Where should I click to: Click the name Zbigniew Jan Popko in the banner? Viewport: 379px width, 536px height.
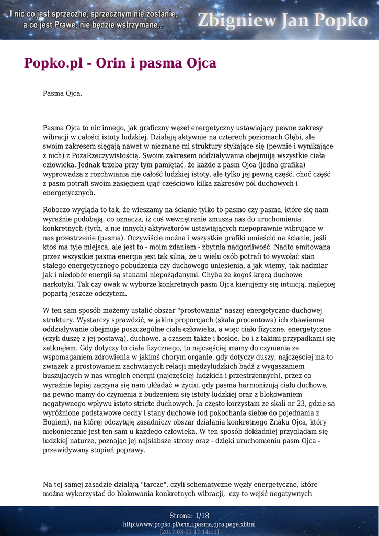tap(282, 20)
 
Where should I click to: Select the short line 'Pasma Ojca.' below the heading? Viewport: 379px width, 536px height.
tap(62, 94)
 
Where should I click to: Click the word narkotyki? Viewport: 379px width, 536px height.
tap(61, 284)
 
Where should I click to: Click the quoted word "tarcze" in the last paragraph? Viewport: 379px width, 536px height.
tap(156, 484)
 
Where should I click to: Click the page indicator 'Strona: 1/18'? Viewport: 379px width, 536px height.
tap(189, 516)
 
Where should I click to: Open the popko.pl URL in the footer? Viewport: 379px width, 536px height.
tap(189, 524)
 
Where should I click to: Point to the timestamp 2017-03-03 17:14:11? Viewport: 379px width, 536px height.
tap(189, 531)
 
